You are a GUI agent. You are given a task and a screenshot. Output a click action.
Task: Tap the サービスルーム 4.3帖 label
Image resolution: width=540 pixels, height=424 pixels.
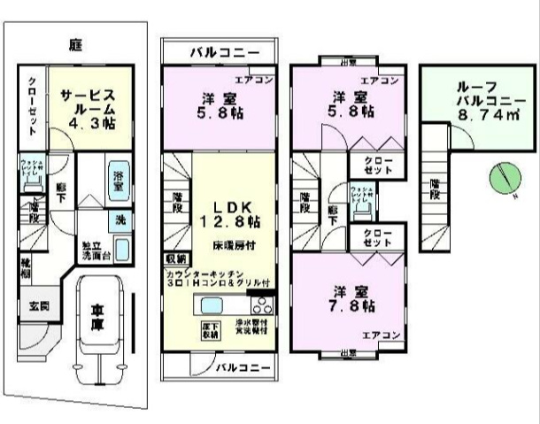coord(88,109)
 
